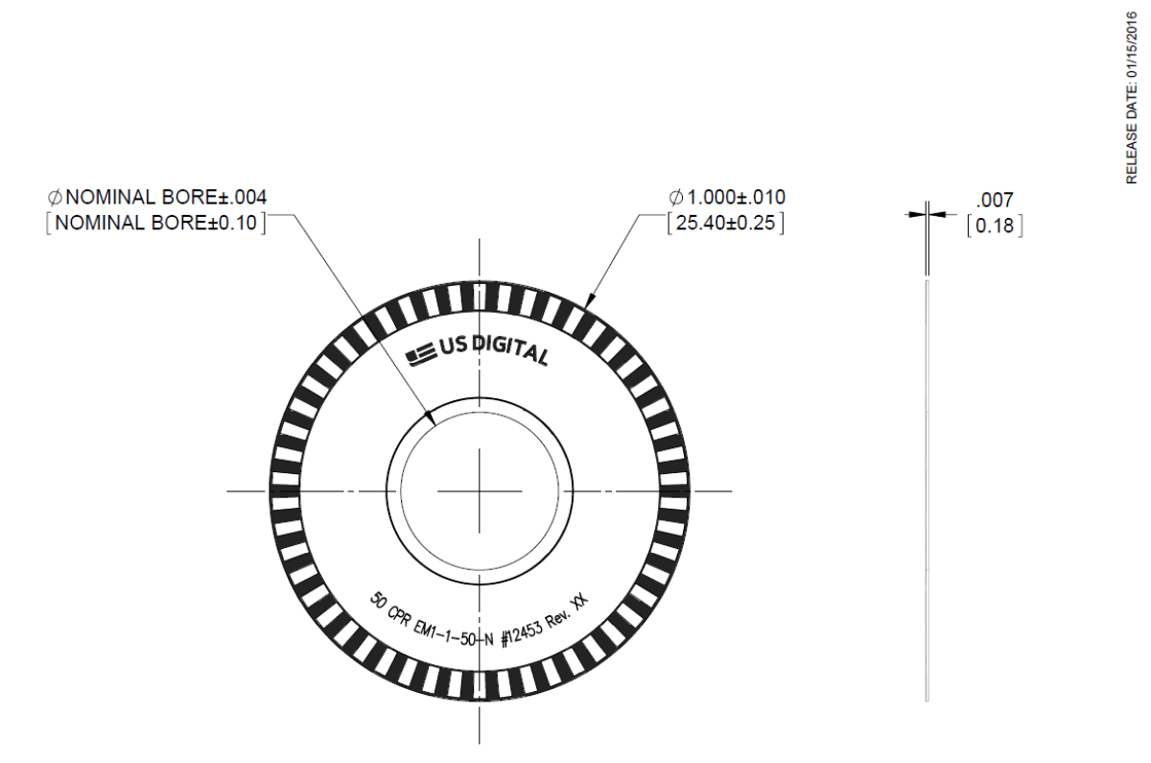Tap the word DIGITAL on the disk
click(x=510, y=352)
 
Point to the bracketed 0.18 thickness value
click(x=994, y=227)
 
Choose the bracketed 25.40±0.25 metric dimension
click(x=726, y=225)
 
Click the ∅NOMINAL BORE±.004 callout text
click(x=157, y=198)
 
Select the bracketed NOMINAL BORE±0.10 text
click(x=157, y=224)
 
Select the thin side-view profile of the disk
click(x=927, y=489)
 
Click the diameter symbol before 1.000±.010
click(x=675, y=198)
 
